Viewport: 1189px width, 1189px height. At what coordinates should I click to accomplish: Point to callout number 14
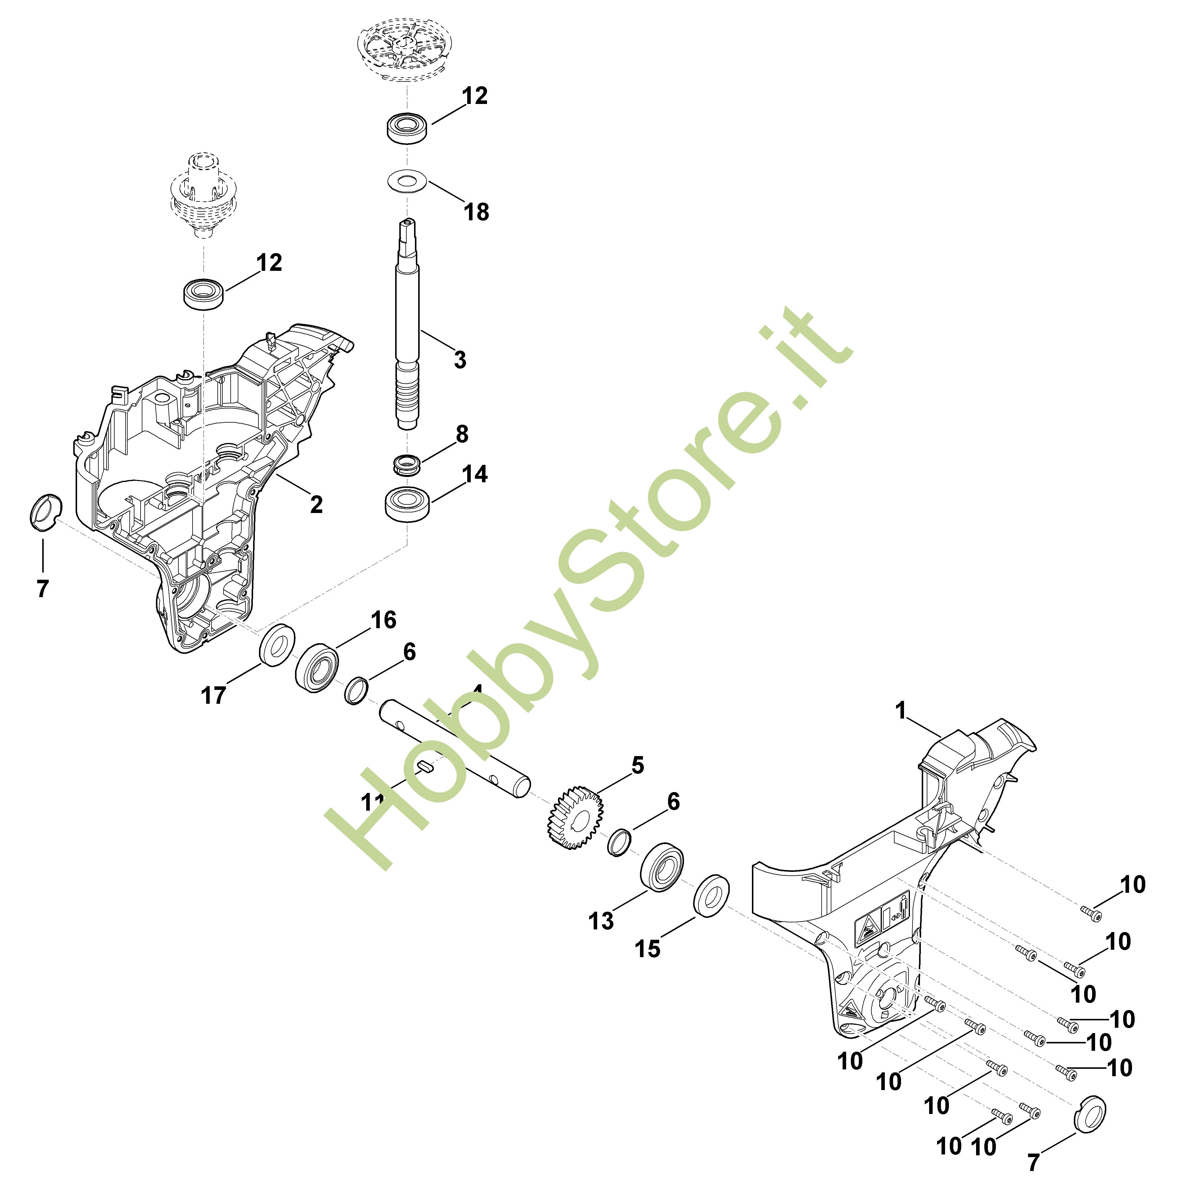point(475,474)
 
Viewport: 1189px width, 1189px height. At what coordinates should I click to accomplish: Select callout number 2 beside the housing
point(316,505)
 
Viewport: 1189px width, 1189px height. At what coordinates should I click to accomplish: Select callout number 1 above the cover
point(901,711)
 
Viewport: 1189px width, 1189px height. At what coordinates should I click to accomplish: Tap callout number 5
point(638,765)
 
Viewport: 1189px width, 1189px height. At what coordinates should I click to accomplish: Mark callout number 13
point(601,921)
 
